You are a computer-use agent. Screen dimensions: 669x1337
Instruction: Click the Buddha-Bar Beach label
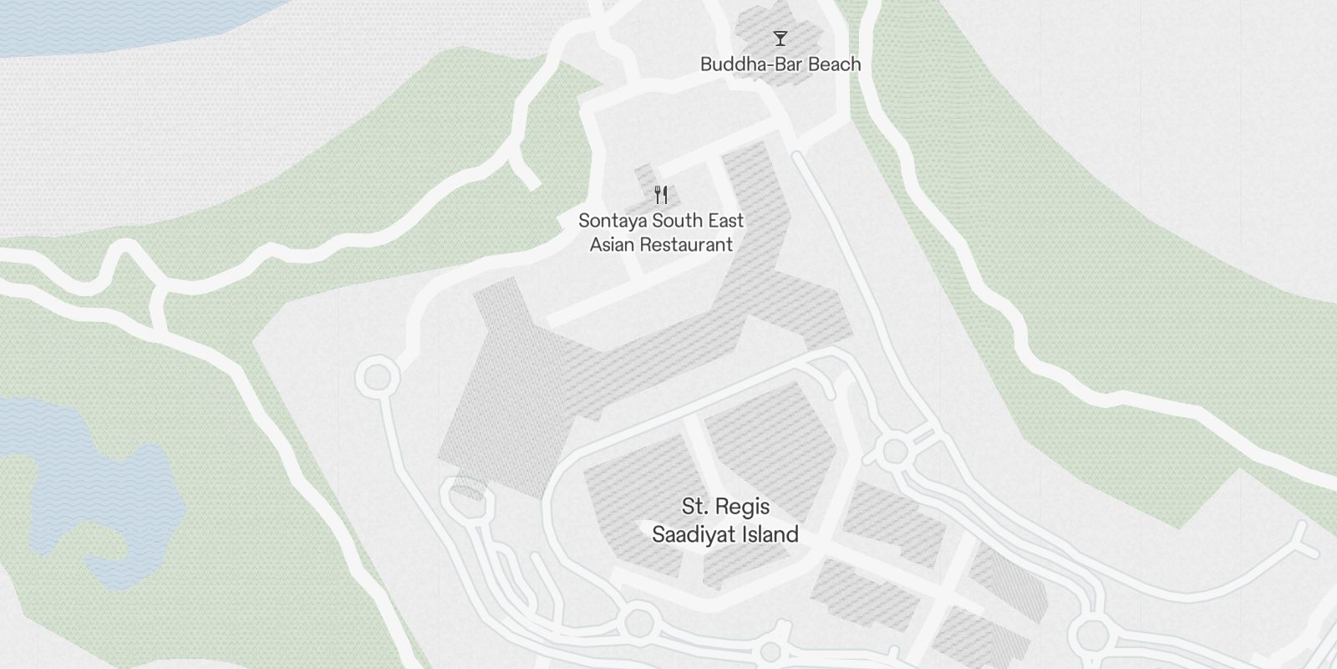pyautogui.click(x=780, y=64)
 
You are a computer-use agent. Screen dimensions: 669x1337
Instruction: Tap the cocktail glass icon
pyautogui.click(x=780, y=38)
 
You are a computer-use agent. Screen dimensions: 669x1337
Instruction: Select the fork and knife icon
pyautogui.click(x=661, y=195)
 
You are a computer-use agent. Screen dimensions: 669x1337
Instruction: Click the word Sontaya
pyautogui.click(x=613, y=221)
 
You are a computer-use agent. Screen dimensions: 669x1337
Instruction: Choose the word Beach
pyautogui.click(x=832, y=64)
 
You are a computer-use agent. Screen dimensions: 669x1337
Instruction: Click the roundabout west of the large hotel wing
pyautogui.click(x=377, y=378)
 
